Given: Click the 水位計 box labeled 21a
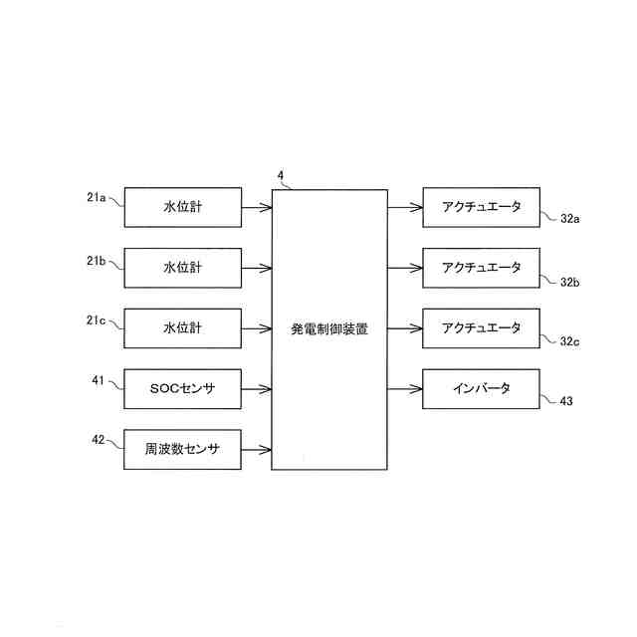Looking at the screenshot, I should coord(182,207).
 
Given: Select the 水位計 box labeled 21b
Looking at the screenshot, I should coord(182,268).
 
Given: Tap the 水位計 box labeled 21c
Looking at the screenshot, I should coord(182,327).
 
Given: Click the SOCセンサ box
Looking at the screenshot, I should coord(182,388).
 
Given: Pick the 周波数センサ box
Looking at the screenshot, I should coord(182,449).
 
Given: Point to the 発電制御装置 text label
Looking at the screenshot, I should coord(329,328).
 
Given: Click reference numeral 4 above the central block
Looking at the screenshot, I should coord(281,176).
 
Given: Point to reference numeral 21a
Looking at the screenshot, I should coord(97,197).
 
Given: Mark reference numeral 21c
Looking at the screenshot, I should coord(97,318).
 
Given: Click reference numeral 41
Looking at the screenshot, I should coord(98,379).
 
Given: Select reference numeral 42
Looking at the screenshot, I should coord(98,439).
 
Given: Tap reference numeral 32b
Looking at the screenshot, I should coord(569,283).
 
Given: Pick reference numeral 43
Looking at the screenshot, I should coord(566,402).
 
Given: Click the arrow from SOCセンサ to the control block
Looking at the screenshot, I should coord(257,388).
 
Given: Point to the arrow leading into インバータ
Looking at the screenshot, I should coord(405,388).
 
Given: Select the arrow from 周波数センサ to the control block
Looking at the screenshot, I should coord(257,449).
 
